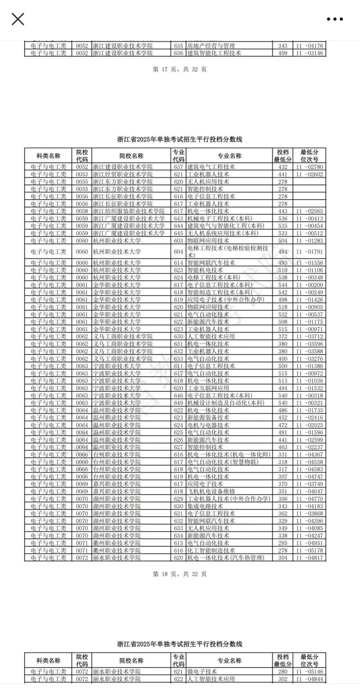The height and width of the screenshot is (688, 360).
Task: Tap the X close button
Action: pos(18,19)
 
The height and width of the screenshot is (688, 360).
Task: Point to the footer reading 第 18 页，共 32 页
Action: pos(180,574)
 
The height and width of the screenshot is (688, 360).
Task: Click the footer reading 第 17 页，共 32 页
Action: pos(180,69)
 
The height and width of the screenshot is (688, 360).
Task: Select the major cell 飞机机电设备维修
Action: pos(211,491)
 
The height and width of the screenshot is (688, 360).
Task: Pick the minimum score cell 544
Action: pos(283,285)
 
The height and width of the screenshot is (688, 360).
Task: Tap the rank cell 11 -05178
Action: pos(310,550)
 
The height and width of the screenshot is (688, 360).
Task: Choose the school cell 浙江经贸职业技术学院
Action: pos(122,174)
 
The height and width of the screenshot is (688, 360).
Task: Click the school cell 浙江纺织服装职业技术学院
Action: pos(129,211)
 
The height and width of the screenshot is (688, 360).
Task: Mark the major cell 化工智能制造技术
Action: pos(211,550)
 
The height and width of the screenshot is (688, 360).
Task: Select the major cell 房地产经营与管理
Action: pos(211,46)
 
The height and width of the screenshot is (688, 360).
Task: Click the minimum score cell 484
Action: pos(283,252)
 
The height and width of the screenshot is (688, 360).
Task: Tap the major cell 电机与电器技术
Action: pos(208,425)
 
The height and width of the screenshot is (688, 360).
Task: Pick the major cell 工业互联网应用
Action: pos(208,388)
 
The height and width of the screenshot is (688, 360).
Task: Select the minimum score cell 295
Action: pos(283,543)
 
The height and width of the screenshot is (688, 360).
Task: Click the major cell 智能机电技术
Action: pos(205,270)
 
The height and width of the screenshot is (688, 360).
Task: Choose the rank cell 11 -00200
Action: pos(310,285)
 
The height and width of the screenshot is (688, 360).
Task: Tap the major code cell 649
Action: pos(178,403)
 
